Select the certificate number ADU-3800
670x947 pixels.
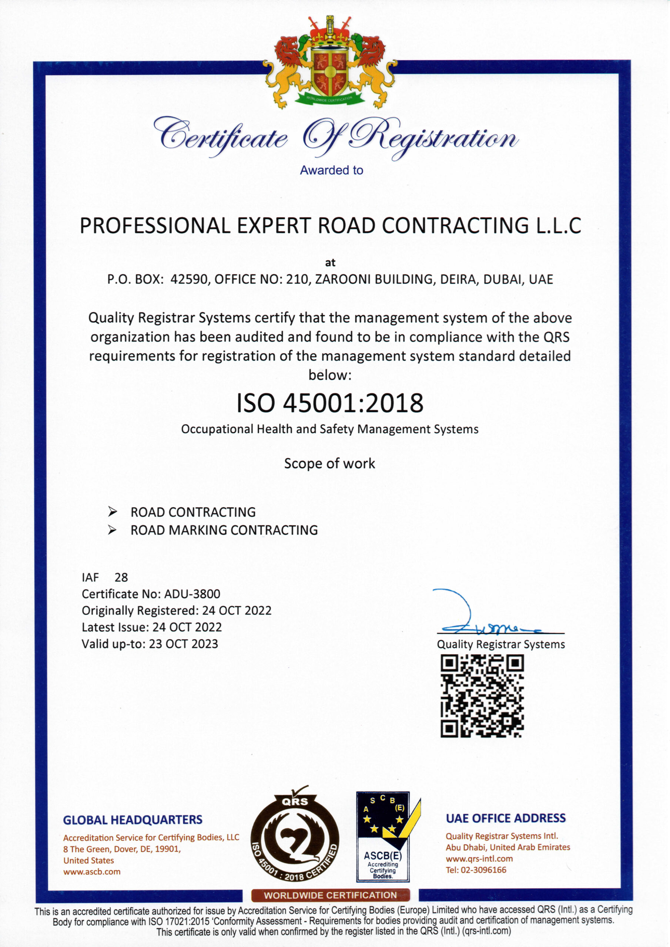point(192,594)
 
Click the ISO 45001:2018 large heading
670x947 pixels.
point(330,403)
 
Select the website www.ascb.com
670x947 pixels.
point(92,872)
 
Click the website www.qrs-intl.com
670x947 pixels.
point(479,858)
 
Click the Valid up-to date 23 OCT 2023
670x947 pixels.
point(183,644)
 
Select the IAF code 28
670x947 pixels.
point(121,577)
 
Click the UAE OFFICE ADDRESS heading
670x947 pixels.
point(505,818)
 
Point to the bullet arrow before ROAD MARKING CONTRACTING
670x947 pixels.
point(112,530)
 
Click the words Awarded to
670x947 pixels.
point(332,170)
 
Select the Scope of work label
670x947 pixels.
point(329,464)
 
